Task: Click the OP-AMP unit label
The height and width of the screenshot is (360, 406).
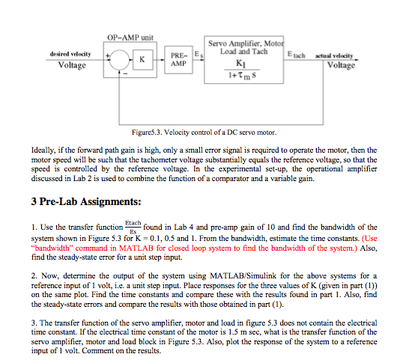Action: pyautogui.click(x=130, y=36)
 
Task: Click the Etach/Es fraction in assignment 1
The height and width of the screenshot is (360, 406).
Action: pyautogui.click(x=133, y=225)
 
